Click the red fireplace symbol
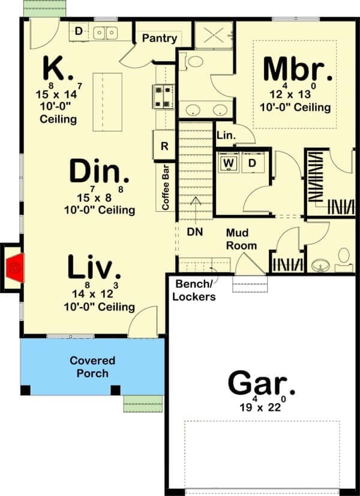click(15, 268)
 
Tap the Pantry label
click(160, 38)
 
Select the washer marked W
click(229, 163)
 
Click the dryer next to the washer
click(253, 163)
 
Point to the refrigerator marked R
click(164, 146)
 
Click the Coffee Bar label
click(166, 187)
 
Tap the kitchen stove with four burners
click(163, 97)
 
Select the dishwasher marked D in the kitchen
click(79, 31)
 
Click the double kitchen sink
click(106, 33)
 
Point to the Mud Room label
click(241, 239)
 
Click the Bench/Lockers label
click(194, 290)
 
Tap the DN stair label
click(195, 232)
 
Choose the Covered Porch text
click(92, 367)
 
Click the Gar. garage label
click(262, 384)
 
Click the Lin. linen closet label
click(226, 136)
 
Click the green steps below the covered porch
click(143, 404)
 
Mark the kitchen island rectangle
click(107, 102)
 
